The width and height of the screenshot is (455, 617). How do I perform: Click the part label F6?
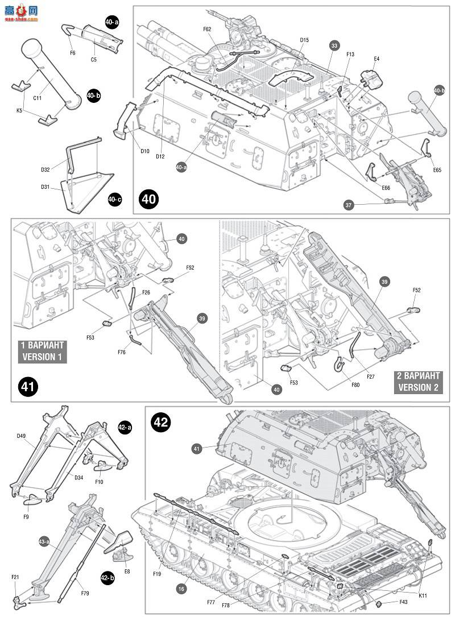pos(72,53)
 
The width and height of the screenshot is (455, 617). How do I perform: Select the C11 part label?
pos(38,98)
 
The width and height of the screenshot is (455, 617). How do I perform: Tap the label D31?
pos(45,186)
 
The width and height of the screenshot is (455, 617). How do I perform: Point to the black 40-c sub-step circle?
pos(114,199)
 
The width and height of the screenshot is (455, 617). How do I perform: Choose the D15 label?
pos(304,40)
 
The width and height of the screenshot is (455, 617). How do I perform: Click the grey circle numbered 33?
pos(334,45)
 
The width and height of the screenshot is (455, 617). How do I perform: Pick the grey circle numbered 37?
pos(349,204)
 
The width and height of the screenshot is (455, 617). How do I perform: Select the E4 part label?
pos(377,59)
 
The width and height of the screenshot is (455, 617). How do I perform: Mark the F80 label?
pos(355,385)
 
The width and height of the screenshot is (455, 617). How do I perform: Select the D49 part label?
pos(22,436)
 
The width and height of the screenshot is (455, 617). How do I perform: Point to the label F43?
pos(403,602)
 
